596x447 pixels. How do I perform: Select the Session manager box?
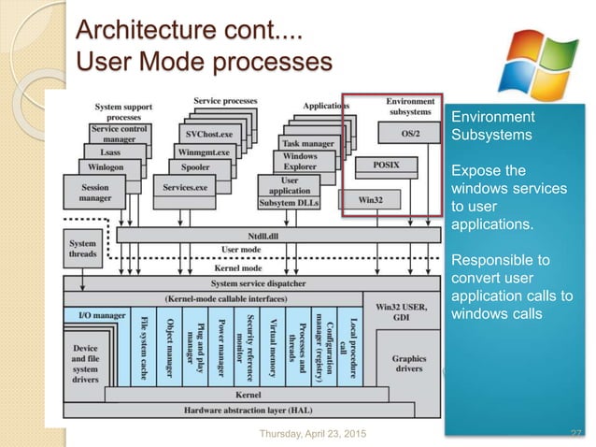(x=95, y=193)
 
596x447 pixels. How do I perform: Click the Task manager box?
(x=308, y=143)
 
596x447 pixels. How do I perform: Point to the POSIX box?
(x=387, y=163)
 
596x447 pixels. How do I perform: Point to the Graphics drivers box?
(x=408, y=364)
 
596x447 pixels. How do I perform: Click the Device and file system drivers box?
(x=97, y=361)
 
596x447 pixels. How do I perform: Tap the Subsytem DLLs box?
(x=290, y=202)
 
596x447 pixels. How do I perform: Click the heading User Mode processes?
(x=205, y=63)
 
